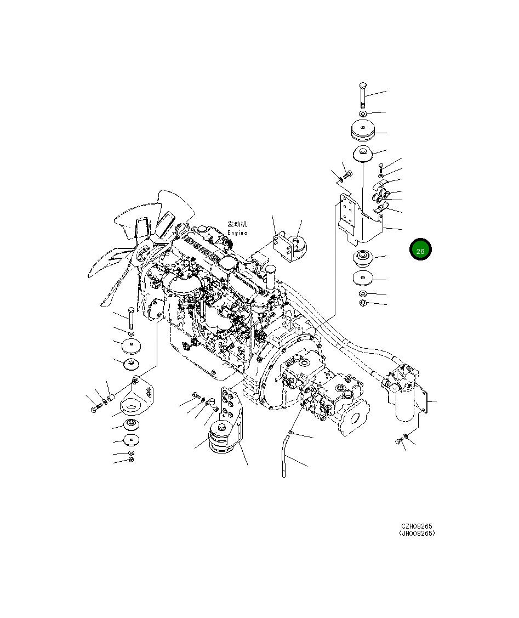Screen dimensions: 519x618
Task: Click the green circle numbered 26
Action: pos(420,249)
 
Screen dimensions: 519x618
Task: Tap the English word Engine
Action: pos(237,233)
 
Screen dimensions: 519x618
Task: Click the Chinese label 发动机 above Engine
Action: pos(237,224)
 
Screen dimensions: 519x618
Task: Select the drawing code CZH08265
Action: pos(417,526)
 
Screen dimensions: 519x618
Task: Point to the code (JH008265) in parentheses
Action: pos(417,533)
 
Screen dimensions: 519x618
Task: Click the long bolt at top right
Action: pos(363,95)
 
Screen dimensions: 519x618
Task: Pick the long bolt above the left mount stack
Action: pos(131,319)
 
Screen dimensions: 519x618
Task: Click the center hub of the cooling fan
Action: pos(141,256)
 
